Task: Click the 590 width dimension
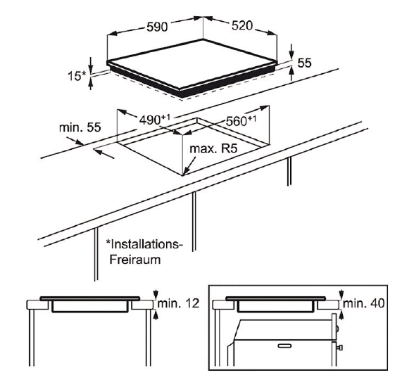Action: coord(157,27)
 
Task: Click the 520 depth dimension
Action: coord(242,25)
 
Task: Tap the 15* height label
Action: coord(77,76)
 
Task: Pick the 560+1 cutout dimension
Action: coord(241,121)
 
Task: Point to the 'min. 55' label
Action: coord(80,127)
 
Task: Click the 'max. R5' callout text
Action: coord(213,148)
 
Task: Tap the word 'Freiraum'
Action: coord(135,260)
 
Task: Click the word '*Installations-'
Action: coord(144,244)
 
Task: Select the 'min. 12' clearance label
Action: coord(179,303)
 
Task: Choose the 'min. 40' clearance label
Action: coord(364,303)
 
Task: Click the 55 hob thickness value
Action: coord(304,63)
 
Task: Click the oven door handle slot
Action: coord(284,345)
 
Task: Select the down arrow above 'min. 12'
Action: coord(156,293)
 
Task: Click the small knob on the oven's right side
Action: coord(340,348)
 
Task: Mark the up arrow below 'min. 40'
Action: coord(342,315)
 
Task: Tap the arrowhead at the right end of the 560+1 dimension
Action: coord(265,108)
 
